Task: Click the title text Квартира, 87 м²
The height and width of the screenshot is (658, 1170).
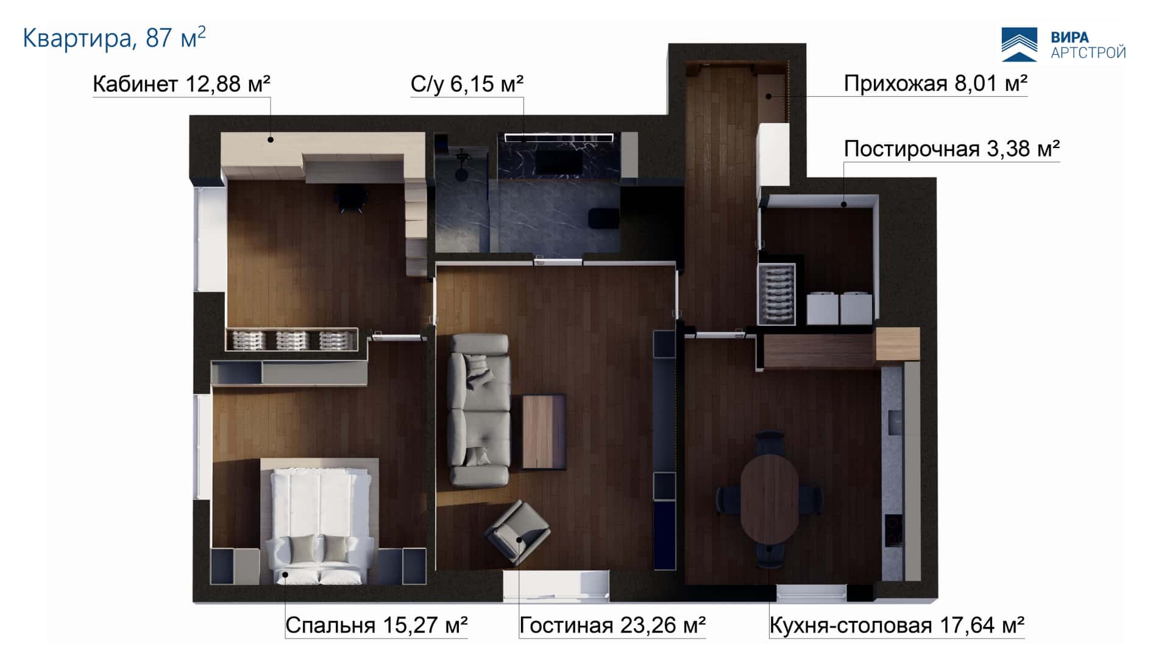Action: [114, 38]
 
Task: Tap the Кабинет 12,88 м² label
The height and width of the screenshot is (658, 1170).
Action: [181, 84]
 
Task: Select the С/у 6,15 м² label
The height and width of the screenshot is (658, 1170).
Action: [467, 84]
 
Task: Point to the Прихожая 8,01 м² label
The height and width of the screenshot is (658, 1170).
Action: [935, 83]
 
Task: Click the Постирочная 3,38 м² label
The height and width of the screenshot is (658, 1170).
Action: [952, 149]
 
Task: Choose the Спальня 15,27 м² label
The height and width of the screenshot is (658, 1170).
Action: [377, 625]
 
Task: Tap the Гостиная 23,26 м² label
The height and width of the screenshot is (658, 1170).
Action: [612, 625]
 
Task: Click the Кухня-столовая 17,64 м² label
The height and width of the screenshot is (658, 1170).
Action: [897, 625]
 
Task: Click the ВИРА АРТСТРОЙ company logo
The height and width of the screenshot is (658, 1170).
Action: [1063, 44]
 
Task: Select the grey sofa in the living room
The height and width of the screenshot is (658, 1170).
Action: [479, 409]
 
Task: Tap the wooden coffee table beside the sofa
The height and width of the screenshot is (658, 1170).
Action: [544, 432]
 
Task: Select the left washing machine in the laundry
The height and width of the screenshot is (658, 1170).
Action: [823, 308]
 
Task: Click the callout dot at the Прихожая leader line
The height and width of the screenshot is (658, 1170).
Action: [769, 96]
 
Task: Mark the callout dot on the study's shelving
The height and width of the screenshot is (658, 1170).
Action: [271, 140]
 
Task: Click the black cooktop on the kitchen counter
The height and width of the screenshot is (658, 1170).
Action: [893, 530]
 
